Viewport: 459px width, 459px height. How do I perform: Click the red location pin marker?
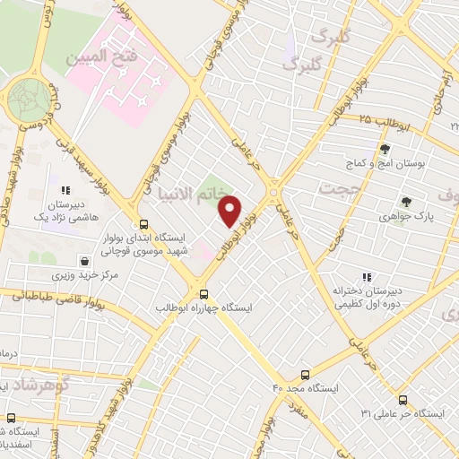point(230,210)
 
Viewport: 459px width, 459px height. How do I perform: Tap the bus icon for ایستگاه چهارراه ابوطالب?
point(204,293)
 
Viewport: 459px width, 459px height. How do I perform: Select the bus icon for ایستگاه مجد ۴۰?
point(305,375)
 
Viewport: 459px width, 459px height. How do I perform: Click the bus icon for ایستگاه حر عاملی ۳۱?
point(403,400)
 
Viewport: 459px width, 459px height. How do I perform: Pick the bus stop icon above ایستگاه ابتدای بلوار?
point(142,224)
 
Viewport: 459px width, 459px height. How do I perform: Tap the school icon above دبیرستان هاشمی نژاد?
point(65,190)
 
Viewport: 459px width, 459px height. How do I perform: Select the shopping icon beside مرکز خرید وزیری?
point(83,262)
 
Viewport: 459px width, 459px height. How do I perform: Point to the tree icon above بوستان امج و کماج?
point(385,149)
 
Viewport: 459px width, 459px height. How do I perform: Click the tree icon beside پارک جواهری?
point(406,203)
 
